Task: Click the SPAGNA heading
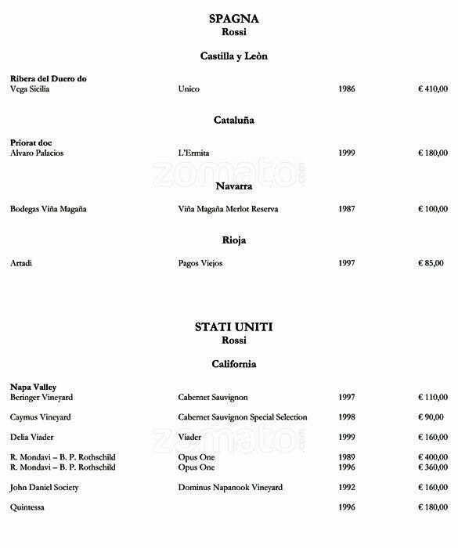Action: pos(234,18)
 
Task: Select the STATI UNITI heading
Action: pos(234,326)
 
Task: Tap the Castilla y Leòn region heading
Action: pos(234,56)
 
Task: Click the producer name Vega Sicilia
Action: pos(30,89)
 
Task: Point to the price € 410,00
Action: pos(433,89)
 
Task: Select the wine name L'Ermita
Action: pos(193,153)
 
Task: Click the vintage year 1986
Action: pos(346,89)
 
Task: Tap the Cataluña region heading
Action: pos(234,121)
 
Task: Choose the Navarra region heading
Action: pos(234,186)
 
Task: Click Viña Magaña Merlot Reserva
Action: pos(228,210)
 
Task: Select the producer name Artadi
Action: pos(21,264)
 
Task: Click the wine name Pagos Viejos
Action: pos(200,264)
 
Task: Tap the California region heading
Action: pos(234,364)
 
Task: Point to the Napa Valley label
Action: pos(33,387)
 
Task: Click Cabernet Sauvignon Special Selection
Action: pos(242,417)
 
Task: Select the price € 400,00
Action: pos(433,456)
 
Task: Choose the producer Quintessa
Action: pos(27,507)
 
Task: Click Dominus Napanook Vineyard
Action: pos(230,488)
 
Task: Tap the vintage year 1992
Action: pos(346,488)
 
